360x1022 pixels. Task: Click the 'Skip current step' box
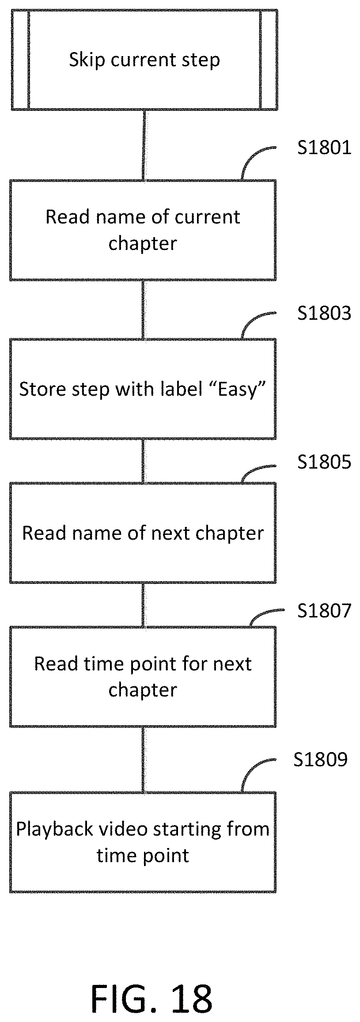pos(144,59)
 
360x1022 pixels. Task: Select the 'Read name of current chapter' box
pos(143,230)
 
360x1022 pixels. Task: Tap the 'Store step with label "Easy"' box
pos(143,389)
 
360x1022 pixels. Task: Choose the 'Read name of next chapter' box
pos(143,533)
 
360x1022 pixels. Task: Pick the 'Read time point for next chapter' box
pos(143,677)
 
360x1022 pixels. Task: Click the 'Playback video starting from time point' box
pos(143,842)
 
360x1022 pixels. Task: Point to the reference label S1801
pos(324,148)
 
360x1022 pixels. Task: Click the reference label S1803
pos(324,313)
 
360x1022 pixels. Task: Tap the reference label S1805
pos(324,462)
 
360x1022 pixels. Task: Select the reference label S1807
pos(324,610)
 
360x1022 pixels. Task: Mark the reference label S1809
pos(321,759)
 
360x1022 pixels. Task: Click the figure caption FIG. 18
pos(152,986)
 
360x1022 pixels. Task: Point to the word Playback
pos(54,829)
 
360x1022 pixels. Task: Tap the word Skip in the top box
pos(87,60)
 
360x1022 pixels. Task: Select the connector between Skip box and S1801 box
pos(144,145)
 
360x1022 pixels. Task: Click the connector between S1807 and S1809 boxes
pos(143,759)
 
